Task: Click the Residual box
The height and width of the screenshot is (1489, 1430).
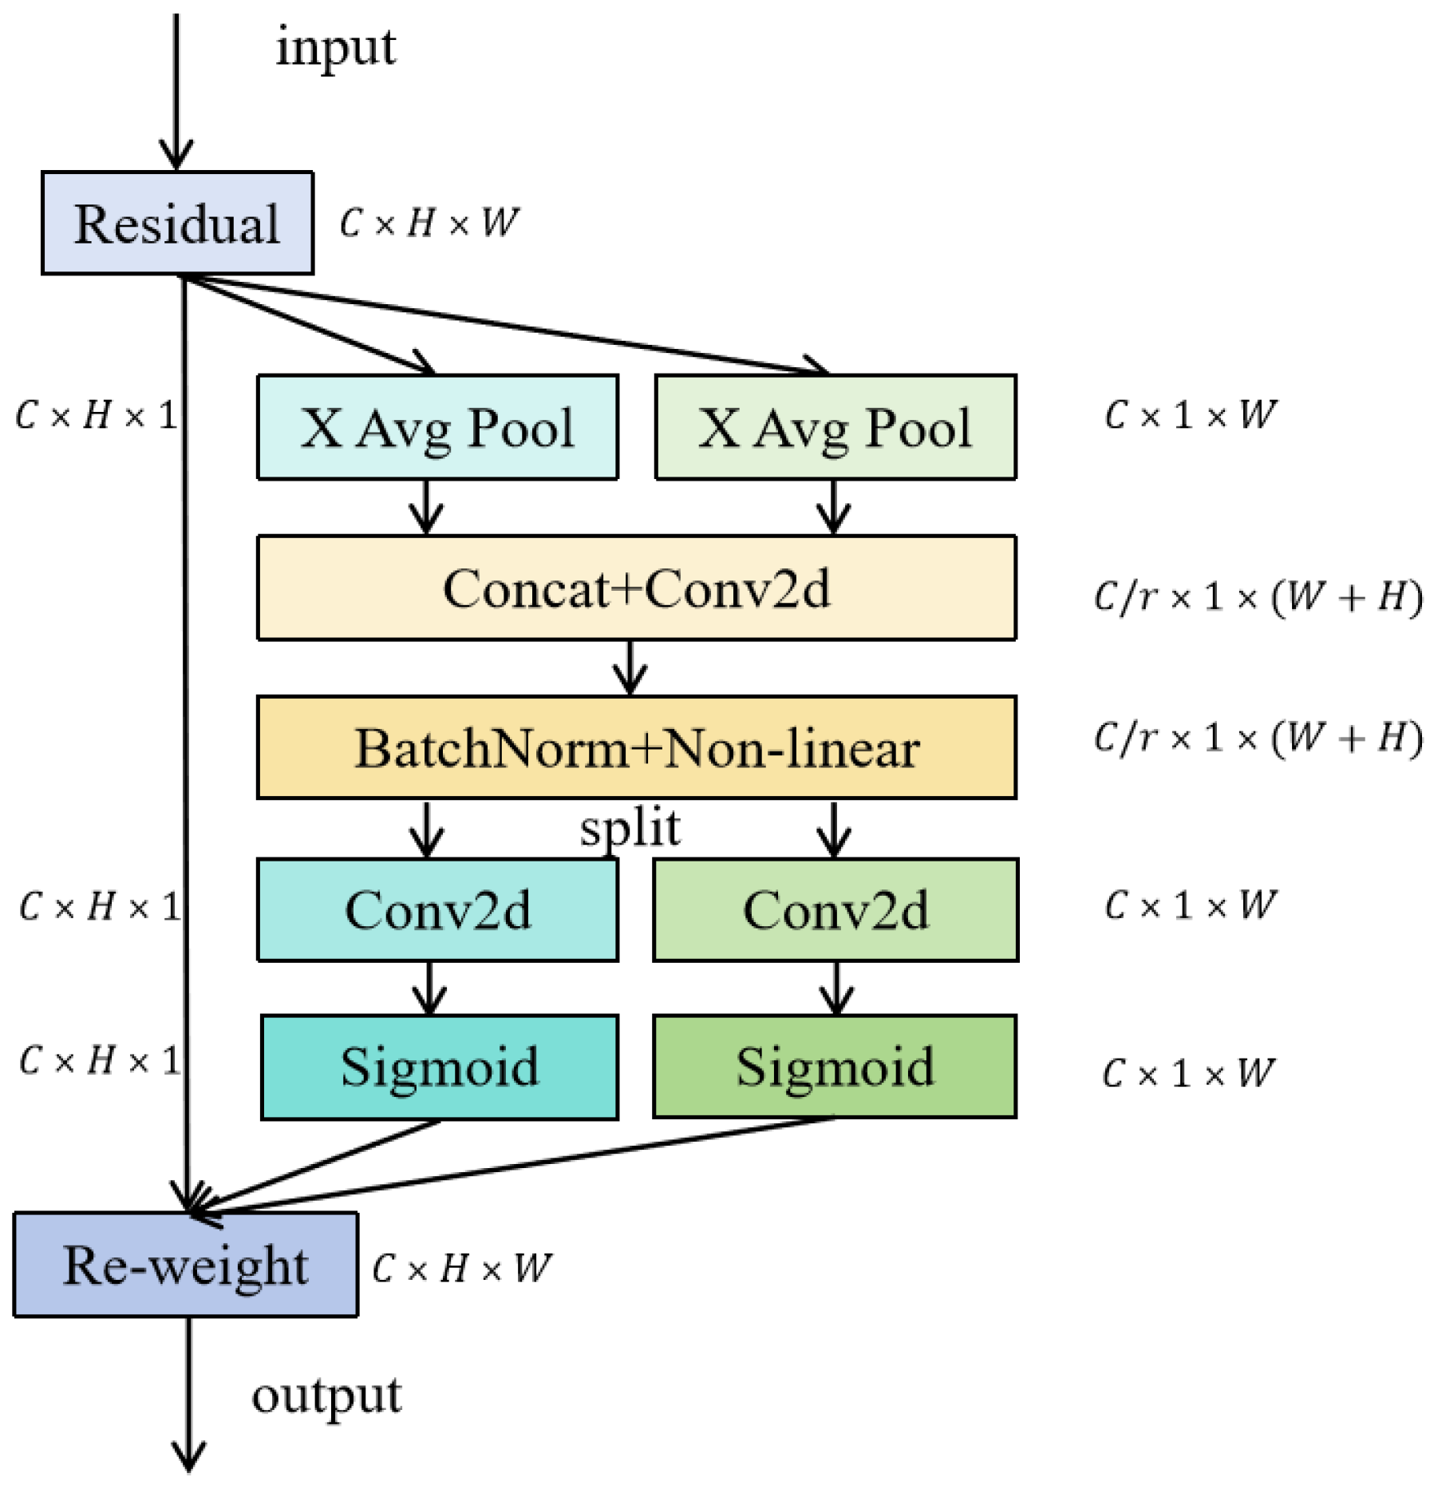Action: pos(177,223)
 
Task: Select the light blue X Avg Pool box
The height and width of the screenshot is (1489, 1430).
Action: pos(437,427)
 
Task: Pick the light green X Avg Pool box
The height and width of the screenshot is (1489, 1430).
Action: pos(835,427)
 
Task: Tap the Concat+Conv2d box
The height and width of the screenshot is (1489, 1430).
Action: pos(636,588)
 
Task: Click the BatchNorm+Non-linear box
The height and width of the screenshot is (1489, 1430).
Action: pos(636,748)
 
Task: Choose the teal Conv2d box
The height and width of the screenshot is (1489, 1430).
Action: pos(437,910)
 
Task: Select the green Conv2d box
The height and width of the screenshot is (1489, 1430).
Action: pos(835,910)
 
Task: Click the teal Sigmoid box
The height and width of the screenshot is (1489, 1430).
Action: pos(439,1067)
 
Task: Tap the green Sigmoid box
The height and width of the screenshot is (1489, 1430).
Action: pos(835,1067)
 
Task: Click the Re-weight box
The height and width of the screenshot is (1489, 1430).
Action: pos(185,1265)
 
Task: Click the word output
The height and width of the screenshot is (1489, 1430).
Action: pos(326,1396)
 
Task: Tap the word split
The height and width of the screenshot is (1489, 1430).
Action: pos(630,830)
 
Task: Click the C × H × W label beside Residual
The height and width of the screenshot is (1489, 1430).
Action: pos(429,223)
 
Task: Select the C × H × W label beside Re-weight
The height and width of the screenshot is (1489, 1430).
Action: pos(461,1268)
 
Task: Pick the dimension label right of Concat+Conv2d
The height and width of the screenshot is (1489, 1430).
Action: pos(1257,596)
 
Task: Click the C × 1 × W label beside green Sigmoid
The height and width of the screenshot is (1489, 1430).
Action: pos(1188,1073)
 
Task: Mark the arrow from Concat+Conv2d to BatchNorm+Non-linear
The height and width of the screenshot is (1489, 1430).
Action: pos(630,667)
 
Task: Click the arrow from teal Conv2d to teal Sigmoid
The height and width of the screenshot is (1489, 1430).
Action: pos(430,988)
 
